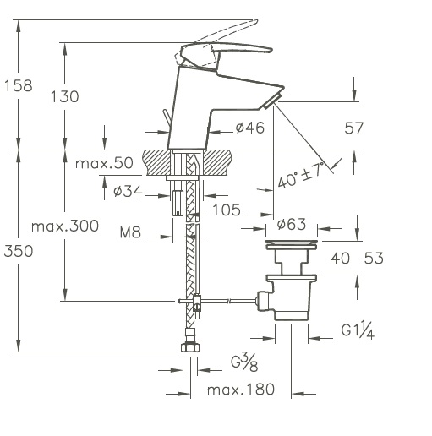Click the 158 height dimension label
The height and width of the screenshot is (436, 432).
click(x=19, y=85)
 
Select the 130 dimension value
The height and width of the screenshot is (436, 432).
click(x=65, y=96)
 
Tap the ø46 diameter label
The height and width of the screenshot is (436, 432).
click(x=250, y=128)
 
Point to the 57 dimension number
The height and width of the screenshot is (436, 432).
click(x=354, y=128)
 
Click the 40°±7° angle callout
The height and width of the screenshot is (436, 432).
click(x=300, y=176)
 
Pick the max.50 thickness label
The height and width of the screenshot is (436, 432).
click(x=104, y=163)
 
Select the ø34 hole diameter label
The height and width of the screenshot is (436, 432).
click(x=128, y=192)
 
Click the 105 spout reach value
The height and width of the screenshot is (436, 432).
click(x=227, y=210)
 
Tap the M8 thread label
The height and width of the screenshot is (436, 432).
click(x=130, y=232)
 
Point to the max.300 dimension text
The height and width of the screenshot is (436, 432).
click(x=65, y=226)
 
